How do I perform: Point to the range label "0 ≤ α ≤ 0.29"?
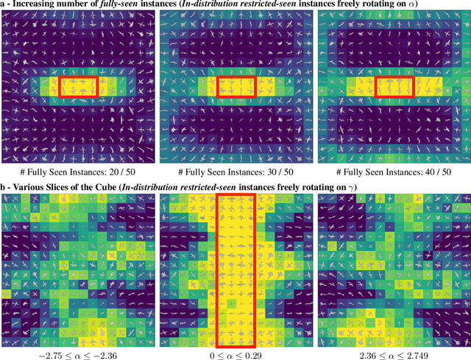[237, 354]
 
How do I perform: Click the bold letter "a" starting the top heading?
[4, 6]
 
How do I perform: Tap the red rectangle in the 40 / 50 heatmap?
[395, 87]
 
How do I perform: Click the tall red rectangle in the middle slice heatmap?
[237, 270]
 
